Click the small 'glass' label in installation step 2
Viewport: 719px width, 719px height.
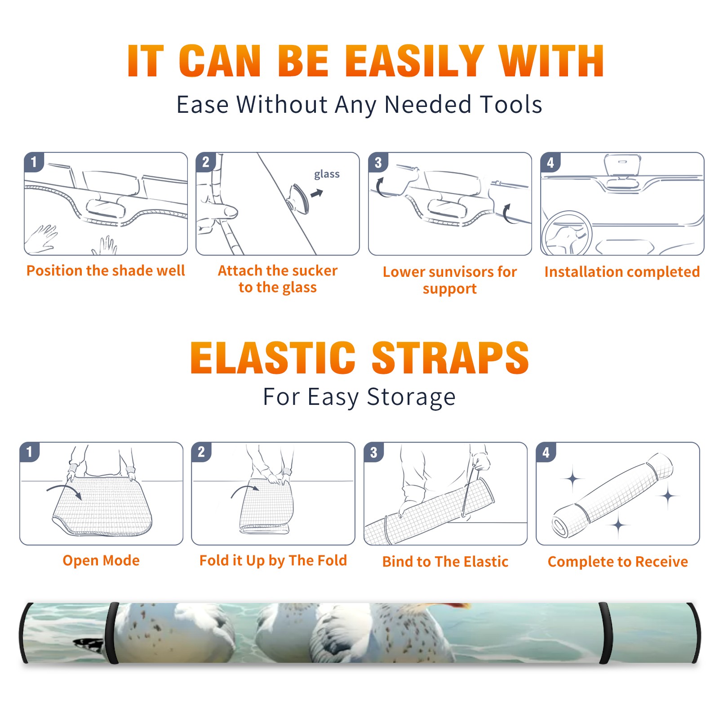coord(327,174)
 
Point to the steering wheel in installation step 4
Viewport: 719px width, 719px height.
coord(566,234)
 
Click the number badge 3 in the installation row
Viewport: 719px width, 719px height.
coord(378,162)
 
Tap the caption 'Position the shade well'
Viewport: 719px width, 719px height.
coord(106,271)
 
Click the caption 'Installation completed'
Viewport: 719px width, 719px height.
coord(622,272)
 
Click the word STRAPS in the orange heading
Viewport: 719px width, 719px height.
coord(450,358)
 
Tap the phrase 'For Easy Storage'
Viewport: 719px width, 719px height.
coord(359,397)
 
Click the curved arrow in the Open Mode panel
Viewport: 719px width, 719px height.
coord(65,488)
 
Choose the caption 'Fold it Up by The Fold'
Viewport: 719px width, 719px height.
coord(273,561)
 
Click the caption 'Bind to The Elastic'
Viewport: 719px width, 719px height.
coord(445,562)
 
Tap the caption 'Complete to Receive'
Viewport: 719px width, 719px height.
coord(618,562)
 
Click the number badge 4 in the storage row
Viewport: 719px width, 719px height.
coord(546,452)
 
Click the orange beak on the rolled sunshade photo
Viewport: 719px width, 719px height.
coord(458,606)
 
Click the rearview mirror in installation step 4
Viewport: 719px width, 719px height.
coord(622,165)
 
